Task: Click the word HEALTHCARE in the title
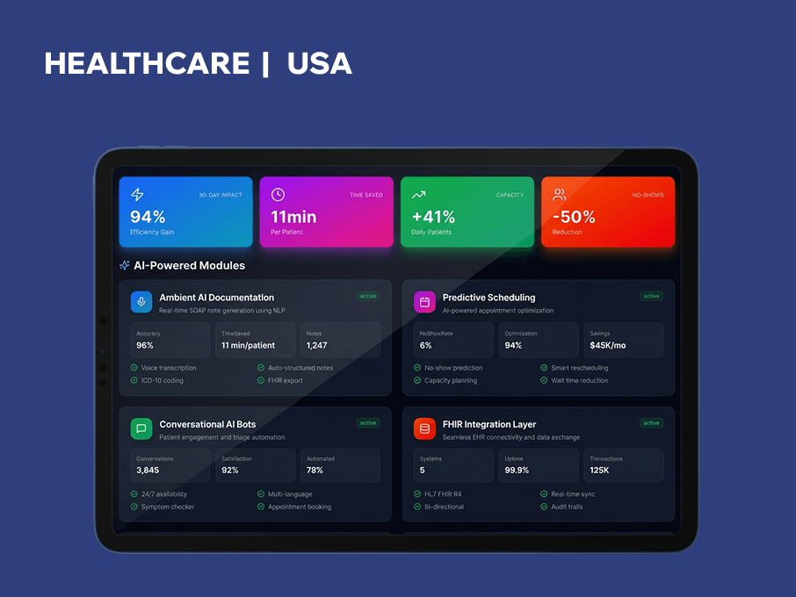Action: click(147, 63)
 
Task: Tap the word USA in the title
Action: click(319, 63)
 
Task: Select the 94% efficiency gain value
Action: click(148, 217)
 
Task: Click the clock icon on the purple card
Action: click(278, 195)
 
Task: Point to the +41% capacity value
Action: click(433, 217)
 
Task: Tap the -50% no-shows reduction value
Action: click(574, 217)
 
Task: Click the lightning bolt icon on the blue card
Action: click(137, 195)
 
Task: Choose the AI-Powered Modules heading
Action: click(189, 265)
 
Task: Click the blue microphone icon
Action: click(141, 302)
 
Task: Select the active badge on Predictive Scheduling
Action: click(651, 296)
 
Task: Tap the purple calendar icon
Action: click(424, 302)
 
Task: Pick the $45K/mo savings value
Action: click(608, 346)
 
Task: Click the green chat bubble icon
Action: click(141, 428)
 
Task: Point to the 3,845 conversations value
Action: click(148, 471)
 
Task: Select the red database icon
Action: click(424, 428)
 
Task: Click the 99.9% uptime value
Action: click(517, 471)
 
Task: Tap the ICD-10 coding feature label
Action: click(163, 380)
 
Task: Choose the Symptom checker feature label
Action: click(168, 507)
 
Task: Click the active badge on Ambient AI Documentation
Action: click(368, 296)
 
